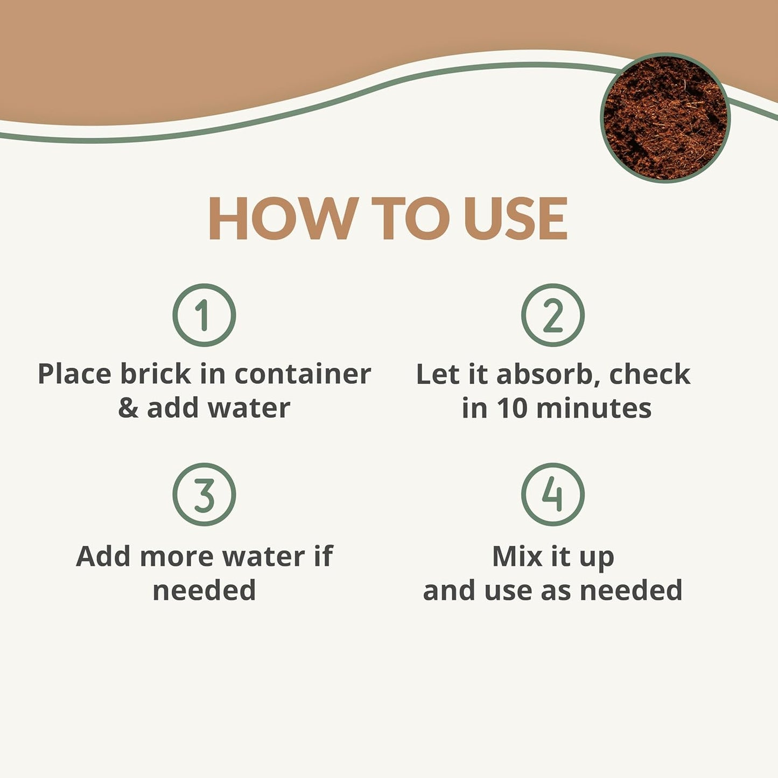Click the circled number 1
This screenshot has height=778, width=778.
click(204, 315)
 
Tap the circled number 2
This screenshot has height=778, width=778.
click(553, 315)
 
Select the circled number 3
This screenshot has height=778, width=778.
click(204, 494)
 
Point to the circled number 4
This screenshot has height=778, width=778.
click(553, 494)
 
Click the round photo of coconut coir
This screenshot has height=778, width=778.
click(665, 118)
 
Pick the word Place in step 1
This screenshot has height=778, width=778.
click(74, 374)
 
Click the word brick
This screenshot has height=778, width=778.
click(155, 374)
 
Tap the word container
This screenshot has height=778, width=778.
click(303, 374)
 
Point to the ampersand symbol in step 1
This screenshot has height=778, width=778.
click(128, 408)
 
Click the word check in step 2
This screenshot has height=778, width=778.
click(649, 374)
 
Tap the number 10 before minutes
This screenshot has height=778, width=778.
click(511, 408)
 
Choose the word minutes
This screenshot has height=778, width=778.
click(594, 408)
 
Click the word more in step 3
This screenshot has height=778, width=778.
click(177, 556)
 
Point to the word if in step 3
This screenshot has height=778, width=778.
click(324, 556)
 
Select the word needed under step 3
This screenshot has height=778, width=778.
click(204, 590)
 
